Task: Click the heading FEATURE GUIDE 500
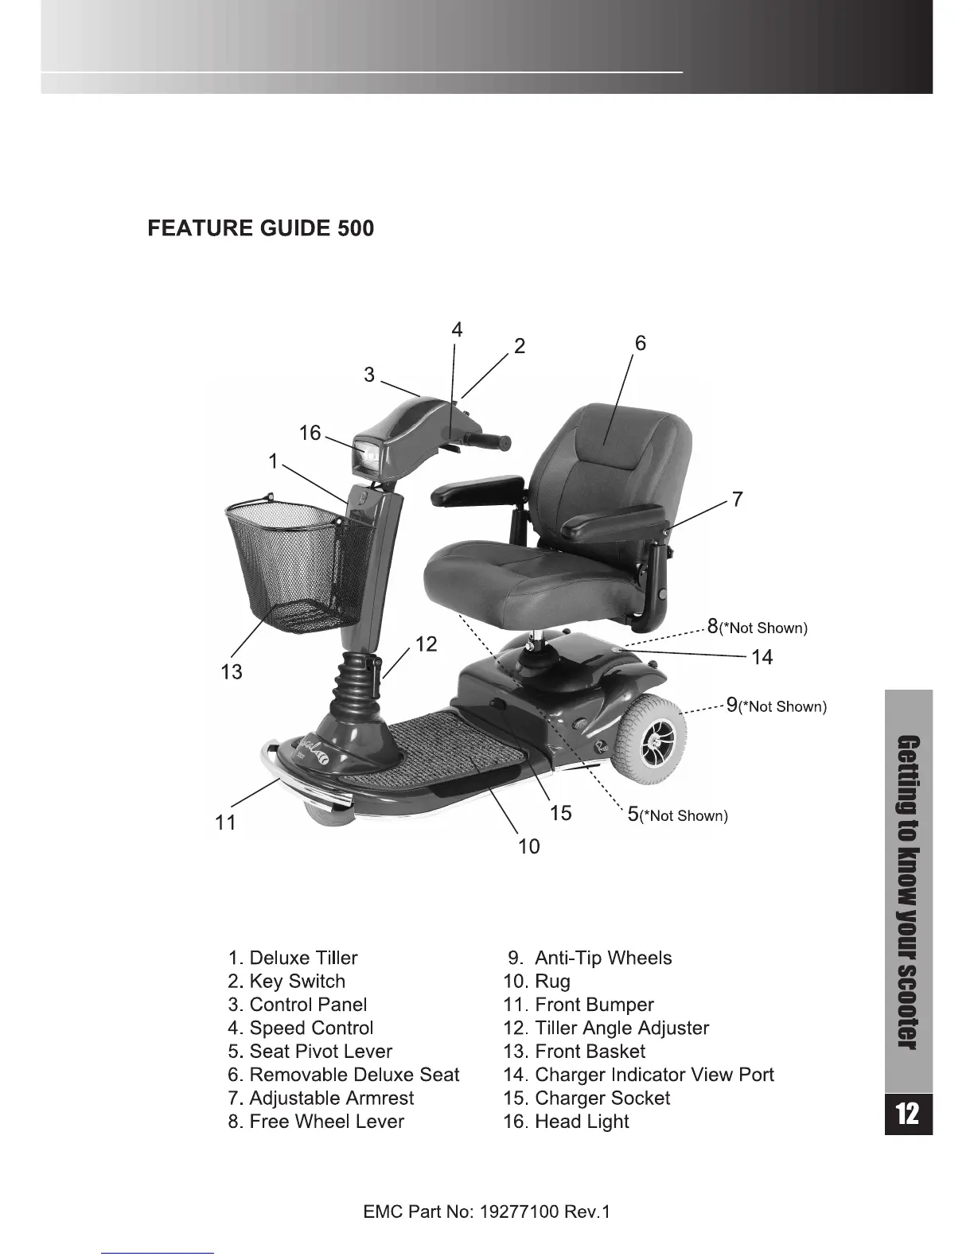260,229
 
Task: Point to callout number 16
310,434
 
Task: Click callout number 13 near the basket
232,672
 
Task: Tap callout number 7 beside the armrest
738,500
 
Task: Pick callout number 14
762,657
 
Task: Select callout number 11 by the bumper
226,822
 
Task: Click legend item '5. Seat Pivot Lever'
310,1052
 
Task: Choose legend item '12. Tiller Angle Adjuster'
606,1029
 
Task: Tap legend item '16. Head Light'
566,1122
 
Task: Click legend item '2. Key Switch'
286,982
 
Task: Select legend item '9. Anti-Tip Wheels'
590,959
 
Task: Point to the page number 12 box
907,1114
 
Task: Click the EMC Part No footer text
486,1213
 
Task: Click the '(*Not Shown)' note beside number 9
783,707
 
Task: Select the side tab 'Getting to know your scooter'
907,891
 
